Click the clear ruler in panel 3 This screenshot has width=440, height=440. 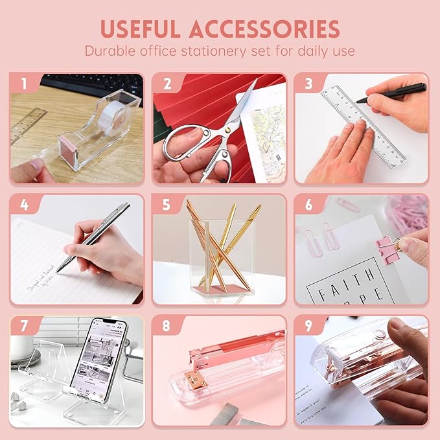363,123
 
